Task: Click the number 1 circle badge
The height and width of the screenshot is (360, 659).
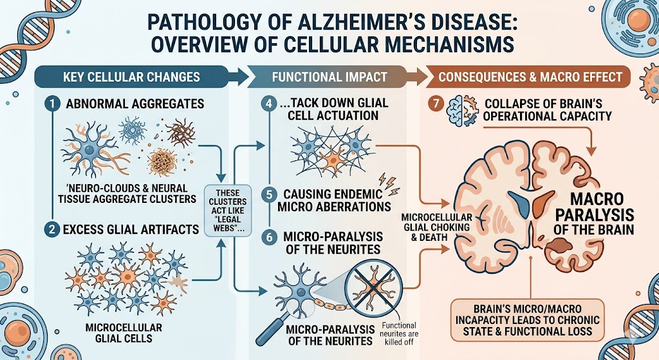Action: [52, 104]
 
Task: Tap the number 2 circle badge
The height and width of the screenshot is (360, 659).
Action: [52, 229]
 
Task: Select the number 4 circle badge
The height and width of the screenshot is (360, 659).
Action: [269, 104]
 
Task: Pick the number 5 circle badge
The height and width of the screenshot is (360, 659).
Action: [269, 194]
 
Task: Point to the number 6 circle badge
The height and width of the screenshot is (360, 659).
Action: [269, 237]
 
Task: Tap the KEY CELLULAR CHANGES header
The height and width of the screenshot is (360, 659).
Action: [131, 77]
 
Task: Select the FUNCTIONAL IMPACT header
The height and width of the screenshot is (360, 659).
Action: [329, 77]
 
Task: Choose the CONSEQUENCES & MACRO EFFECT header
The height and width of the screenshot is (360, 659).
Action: [530, 77]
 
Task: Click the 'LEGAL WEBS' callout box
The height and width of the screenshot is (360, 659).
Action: [228, 210]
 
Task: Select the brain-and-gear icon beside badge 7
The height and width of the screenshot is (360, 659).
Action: [461, 109]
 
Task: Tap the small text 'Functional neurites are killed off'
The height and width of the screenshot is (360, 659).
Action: [398, 334]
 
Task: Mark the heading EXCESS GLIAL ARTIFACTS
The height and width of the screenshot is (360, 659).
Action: [131, 229]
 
